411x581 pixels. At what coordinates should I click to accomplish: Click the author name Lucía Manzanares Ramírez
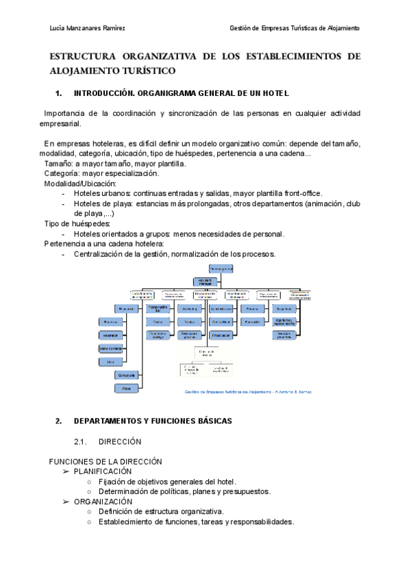click(x=88, y=28)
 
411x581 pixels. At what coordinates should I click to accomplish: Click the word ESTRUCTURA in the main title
click(x=82, y=57)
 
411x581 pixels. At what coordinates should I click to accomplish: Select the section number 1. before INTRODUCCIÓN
click(x=58, y=93)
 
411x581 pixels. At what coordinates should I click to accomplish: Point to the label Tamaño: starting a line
click(x=59, y=164)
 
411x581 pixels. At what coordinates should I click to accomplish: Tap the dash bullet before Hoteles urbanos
click(x=64, y=194)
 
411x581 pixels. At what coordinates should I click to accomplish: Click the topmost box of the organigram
click(x=221, y=269)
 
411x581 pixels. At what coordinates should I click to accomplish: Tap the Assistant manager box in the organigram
click(x=210, y=281)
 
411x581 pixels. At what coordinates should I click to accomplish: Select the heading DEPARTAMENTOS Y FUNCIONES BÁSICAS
click(x=153, y=421)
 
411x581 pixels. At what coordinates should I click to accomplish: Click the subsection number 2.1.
click(x=82, y=442)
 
